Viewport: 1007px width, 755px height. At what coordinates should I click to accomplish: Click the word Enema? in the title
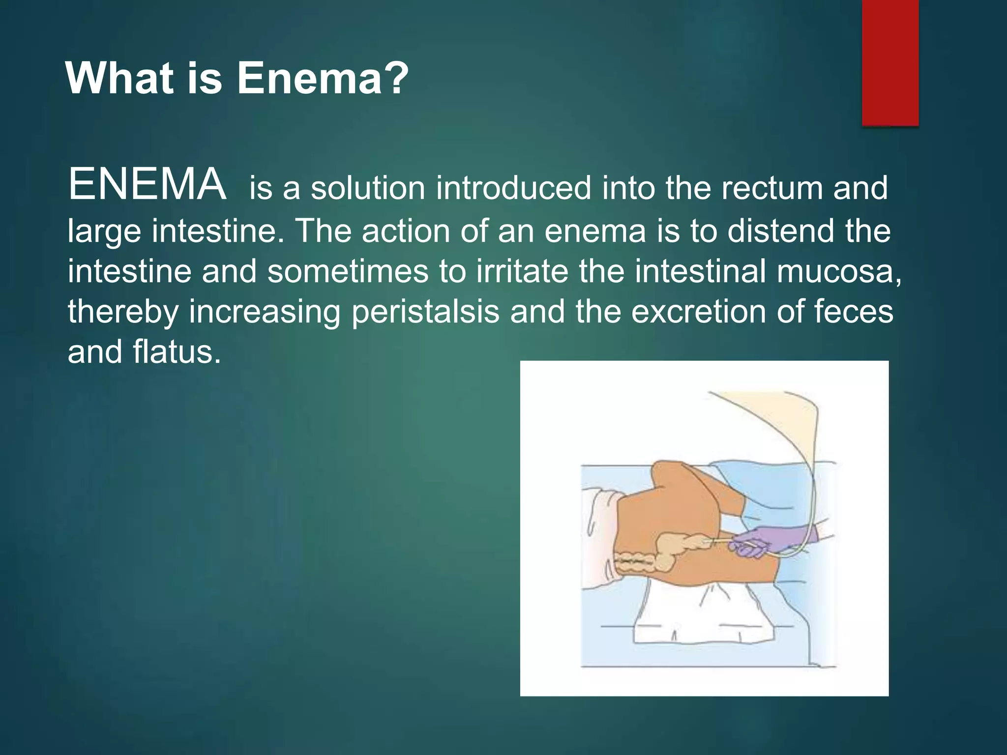click(x=323, y=79)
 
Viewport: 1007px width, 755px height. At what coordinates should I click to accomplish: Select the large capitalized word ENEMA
click(x=148, y=185)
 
